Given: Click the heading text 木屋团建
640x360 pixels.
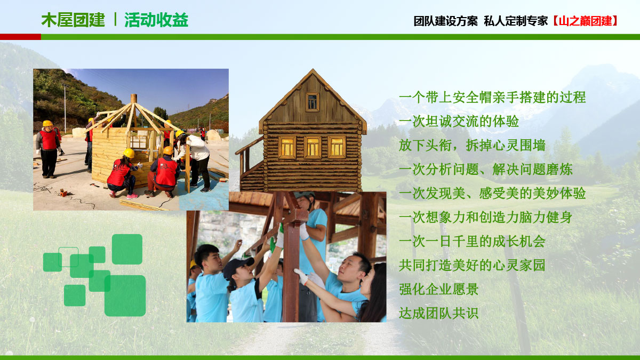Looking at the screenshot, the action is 73,20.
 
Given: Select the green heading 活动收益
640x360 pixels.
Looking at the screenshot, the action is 156,20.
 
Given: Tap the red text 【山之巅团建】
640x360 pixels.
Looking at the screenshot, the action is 585,21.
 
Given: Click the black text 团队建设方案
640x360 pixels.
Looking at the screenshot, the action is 445,21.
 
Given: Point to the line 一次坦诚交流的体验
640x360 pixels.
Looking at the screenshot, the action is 459,122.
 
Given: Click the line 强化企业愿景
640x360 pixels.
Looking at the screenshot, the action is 439,289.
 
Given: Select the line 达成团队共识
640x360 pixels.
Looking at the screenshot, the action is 439,313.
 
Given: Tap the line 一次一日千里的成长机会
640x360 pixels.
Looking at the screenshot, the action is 472,241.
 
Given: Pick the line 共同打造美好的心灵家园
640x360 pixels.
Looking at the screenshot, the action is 472,265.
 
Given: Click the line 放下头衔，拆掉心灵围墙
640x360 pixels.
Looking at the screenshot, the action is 472,146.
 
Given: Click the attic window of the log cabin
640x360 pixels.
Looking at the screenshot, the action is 313,102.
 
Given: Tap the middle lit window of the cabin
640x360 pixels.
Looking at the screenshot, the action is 313,147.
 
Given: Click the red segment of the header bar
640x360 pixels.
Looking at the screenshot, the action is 20,37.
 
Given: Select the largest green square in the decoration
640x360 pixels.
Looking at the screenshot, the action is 125,295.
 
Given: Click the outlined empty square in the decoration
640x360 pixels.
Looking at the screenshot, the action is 68,257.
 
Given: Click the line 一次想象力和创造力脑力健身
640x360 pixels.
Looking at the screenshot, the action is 485,217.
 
